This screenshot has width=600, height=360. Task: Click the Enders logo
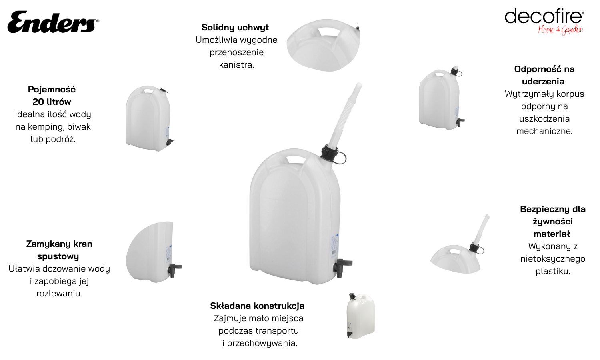tap(53, 22)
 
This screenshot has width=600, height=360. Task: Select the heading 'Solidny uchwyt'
tap(235, 27)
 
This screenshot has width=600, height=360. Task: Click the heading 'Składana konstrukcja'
tap(257, 306)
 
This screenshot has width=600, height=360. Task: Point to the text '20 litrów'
tap(52, 102)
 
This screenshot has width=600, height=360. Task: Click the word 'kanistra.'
tap(236, 65)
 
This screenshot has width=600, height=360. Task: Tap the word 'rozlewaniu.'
tap(59, 294)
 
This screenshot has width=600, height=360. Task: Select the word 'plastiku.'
tap(553, 271)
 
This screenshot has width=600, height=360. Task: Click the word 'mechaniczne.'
tap(544, 131)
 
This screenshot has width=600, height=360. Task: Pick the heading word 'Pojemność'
tap(52, 90)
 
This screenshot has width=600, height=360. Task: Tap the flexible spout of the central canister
tap(346, 115)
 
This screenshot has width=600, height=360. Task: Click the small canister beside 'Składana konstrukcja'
tap(361, 316)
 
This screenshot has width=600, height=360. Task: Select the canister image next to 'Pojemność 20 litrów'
tap(149, 118)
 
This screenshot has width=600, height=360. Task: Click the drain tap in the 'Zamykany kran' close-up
tap(174, 270)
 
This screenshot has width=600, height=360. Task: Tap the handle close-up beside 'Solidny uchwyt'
tap(323, 45)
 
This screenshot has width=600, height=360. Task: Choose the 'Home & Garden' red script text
tap(560, 30)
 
